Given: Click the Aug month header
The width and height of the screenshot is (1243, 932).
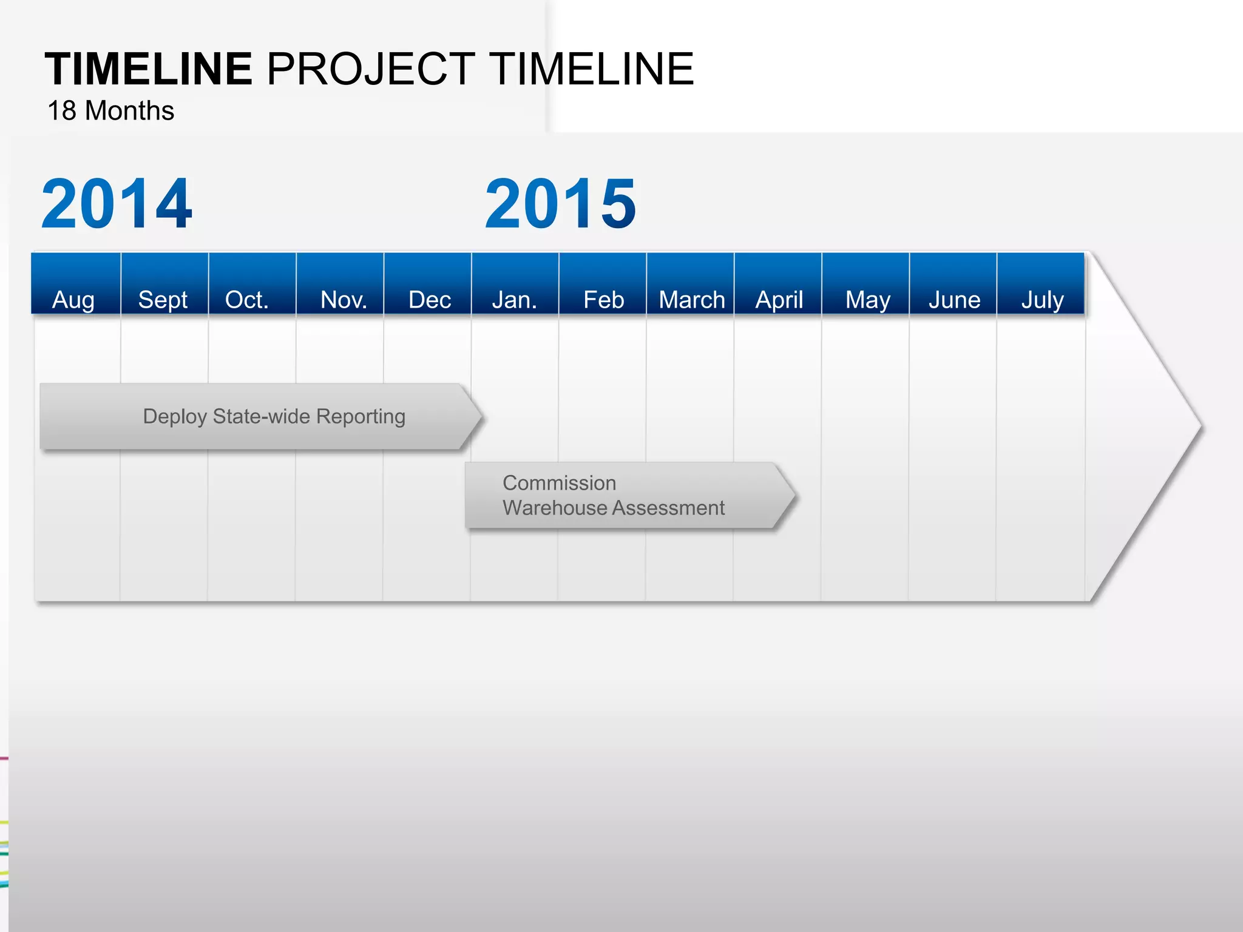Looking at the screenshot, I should [x=74, y=299].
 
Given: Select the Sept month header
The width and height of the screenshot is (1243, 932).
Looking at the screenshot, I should [x=163, y=299].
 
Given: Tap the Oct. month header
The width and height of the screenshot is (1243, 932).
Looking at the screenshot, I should [x=247, y=299].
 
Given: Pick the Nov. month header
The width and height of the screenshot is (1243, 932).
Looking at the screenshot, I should [x=344, y=299].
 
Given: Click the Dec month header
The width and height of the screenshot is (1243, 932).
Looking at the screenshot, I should [x=430, y=299].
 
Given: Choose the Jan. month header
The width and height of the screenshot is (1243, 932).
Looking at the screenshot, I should [x=515, y=299].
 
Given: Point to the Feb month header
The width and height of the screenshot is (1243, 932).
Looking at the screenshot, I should [x=603, y=299].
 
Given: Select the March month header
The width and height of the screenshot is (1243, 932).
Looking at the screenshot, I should [x=692, y=299].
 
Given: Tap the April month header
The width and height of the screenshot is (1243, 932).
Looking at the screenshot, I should [x=779, y=299].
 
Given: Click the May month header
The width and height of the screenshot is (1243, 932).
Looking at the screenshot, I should [x=868, y=299].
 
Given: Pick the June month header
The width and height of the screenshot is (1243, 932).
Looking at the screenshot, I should [x=955, y=299].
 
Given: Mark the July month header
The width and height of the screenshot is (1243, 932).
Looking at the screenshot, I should [x=1043, y=299].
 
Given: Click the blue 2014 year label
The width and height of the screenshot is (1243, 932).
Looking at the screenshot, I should [x=117, y=204].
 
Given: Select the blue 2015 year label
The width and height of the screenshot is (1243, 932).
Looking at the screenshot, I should [x=561, y=204].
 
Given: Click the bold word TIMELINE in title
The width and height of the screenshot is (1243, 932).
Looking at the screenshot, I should [x=149, y=69].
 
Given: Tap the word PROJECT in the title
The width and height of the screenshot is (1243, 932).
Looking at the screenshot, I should [x=371, y=69].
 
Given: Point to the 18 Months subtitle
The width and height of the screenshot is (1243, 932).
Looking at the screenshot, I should [x=111, y=111].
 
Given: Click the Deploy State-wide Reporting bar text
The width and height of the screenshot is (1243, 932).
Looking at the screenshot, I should [x=274, y=416].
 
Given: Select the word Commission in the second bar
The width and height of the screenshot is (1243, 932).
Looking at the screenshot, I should [x=559, y=483].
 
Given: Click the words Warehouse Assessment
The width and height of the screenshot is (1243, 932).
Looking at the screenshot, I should [x=614, y=508].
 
